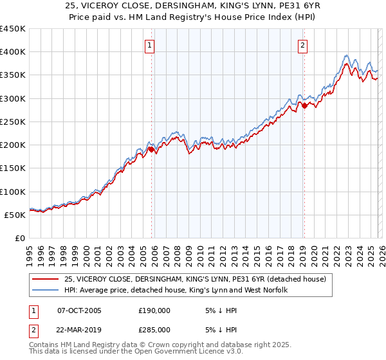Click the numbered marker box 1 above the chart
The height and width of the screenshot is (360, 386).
[149, 46]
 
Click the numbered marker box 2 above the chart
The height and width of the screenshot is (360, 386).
[302, 46]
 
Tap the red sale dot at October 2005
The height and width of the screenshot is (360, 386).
[152, 149]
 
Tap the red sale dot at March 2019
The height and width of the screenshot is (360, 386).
[304, 105]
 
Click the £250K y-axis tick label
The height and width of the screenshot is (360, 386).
[13, 122]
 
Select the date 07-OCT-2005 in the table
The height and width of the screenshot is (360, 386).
[79, 310]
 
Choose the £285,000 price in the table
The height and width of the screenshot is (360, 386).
[154, 329]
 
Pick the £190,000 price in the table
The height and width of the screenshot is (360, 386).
[154, 310]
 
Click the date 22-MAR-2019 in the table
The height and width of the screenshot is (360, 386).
[80, 329]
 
